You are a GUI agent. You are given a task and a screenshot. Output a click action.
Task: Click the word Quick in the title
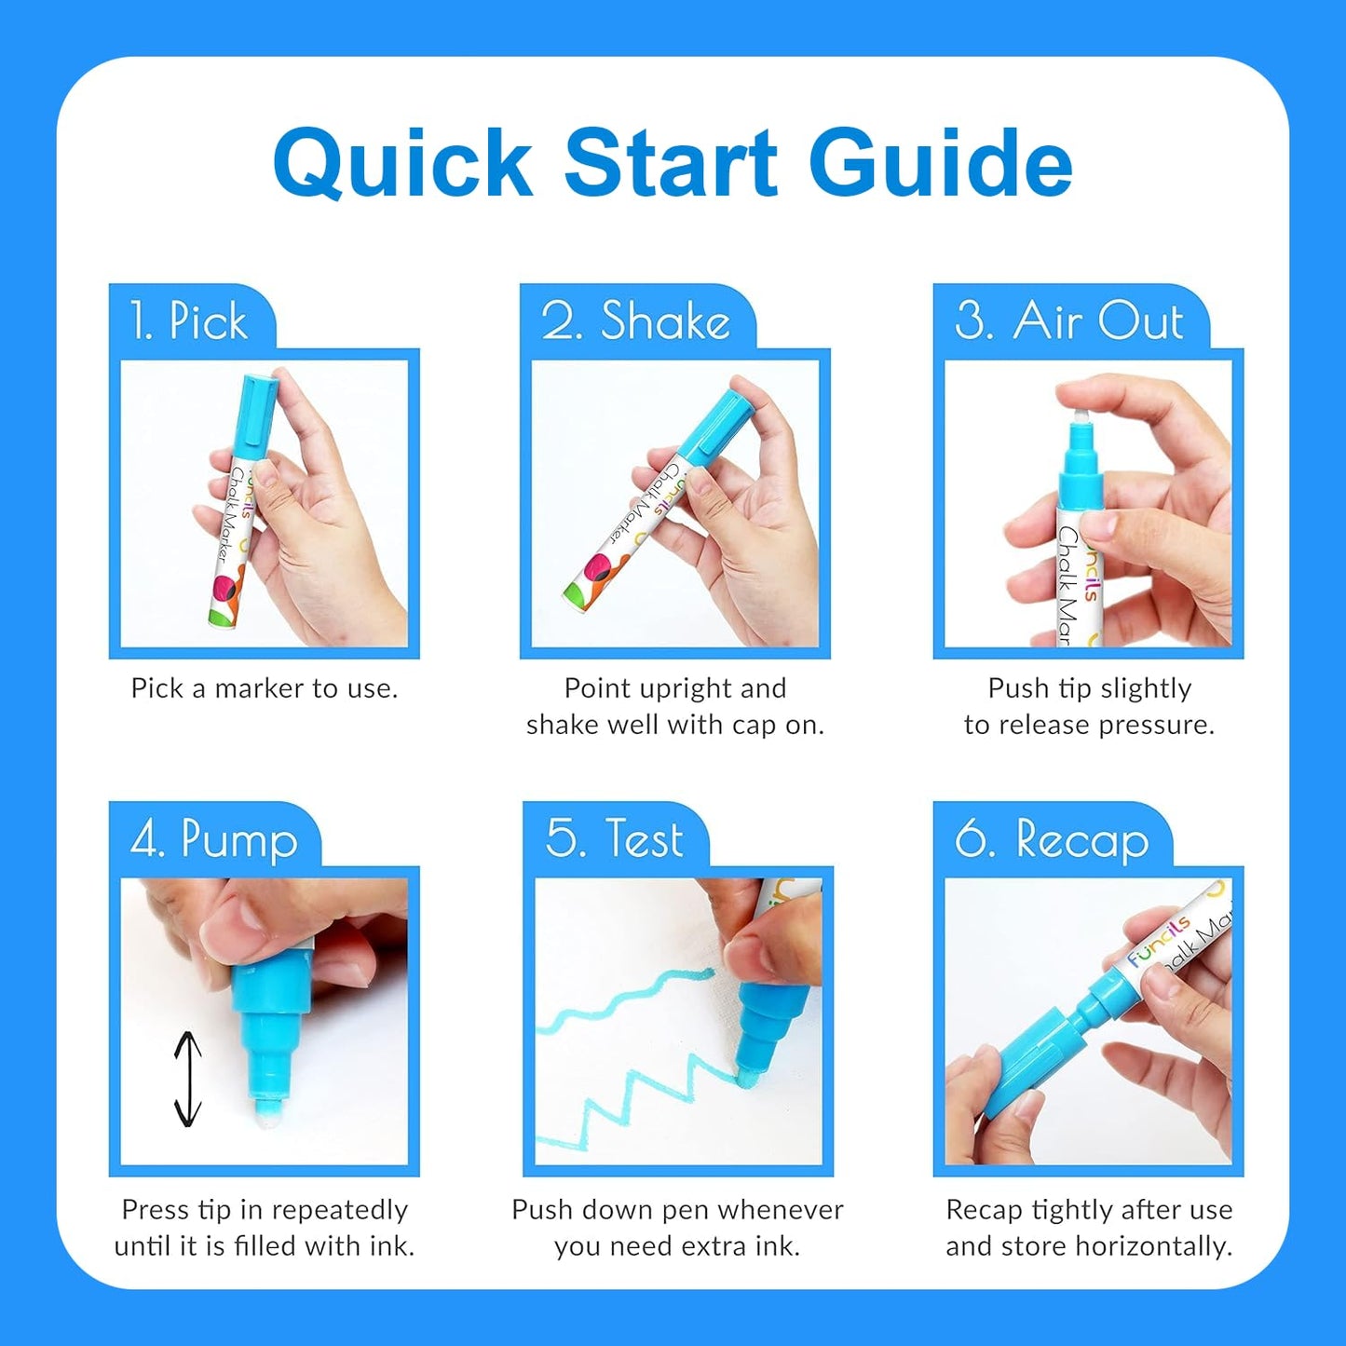pyautogui.click(x=402, y=164)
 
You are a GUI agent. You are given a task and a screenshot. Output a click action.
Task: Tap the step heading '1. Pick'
pyautogui.click(x=189, y=321)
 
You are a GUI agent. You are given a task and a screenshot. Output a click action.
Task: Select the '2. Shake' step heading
pyautogui.click(x=635, y=321)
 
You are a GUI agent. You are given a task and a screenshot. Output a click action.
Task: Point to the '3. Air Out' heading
pyautogui.click(x=1068, y=321)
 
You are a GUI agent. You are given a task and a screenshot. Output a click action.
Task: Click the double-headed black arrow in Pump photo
pyautogui.click(x=188, y=1080)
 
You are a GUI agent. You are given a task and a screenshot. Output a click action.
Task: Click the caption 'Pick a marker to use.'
pyautogui.click(x=265, y=688)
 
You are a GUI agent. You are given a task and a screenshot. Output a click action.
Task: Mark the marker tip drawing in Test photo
pyautogui.click(x=747, y=1079)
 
